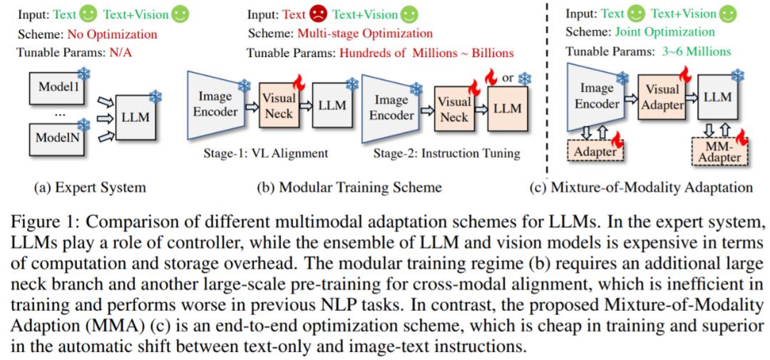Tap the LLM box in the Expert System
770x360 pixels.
click(136, 117)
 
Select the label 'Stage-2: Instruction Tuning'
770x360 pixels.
click(448, 153)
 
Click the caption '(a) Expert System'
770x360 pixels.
click(91, 187)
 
